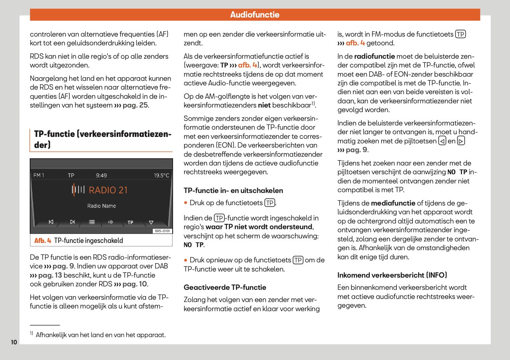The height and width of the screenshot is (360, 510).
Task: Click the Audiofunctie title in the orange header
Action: tap(255, 15)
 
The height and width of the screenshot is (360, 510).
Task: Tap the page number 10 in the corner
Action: tap(14, 342)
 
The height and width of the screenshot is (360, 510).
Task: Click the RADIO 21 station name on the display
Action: tap(108, 190)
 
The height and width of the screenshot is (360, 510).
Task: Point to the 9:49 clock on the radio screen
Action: tap(101, 175)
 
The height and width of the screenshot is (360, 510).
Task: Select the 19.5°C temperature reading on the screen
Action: tap(161, 175)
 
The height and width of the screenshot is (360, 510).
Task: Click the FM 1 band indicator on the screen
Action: tap(39, 175)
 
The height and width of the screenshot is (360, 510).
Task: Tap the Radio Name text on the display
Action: tap(101, 206)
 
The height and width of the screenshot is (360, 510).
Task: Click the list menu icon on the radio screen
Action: tap(92, 222)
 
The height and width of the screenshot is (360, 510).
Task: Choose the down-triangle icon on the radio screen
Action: tap(151, 222)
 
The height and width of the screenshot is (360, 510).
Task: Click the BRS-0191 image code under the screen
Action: tap(163, 231)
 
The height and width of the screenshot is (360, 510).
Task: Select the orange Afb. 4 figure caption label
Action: tap(43, 241)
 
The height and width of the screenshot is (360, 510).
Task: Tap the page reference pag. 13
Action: tap(50, 275)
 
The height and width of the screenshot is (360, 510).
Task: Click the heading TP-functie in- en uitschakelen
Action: tap(233, 190)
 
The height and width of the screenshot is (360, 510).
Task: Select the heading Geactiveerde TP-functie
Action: tap(225, 287)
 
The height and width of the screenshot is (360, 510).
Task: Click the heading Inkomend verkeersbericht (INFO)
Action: tap(392, 275)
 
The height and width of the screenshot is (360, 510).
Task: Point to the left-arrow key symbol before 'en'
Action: tap(442, 141)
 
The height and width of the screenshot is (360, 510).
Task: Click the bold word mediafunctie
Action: tap(393, 203)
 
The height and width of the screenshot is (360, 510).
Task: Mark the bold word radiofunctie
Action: tap(374, 56)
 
